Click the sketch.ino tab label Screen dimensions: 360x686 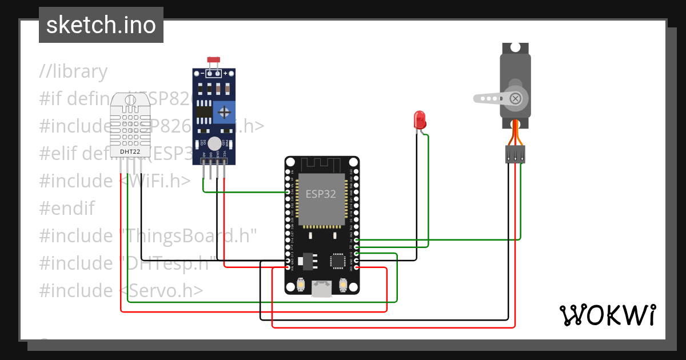click(101, 25)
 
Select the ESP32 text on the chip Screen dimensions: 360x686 click(320, 194)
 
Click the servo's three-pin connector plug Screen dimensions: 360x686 click(515, 154)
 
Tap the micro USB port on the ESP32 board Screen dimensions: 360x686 click(322, 289)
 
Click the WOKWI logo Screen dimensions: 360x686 click(607, 315)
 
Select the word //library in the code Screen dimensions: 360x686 click(73, 71)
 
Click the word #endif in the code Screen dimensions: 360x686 click(67, 208)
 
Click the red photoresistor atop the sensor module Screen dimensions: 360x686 click(214, 59)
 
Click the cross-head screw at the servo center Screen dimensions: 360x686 click(516, 98)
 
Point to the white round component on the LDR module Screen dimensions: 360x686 click(214, 143)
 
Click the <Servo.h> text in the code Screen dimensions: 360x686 click(162, 290)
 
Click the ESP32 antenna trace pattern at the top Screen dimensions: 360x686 click(322, 165)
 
